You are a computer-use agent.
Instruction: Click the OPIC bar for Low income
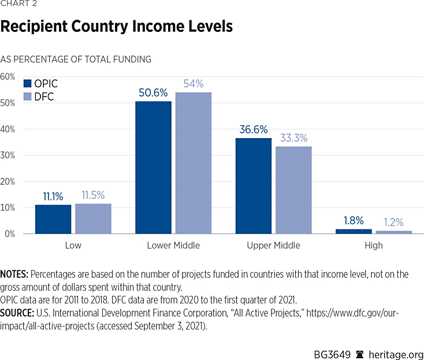pyautogui.click(x=53, y=220)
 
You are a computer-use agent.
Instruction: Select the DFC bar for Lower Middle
pyautogui.click(x=193, y=163)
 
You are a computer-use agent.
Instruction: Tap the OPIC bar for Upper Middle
pyautogui.click(x=253, y=185)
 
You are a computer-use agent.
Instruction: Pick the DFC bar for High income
pyautogui.click(x=393, y=232)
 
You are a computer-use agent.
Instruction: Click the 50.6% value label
pyautogui.click(x=153, y=92)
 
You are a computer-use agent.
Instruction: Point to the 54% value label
pyautogui.click(x=194, y=83)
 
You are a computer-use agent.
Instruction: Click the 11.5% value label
pyautogui.click(x=93, y=195)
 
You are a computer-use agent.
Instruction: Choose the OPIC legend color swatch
pyautogui.click(x=28, y=83)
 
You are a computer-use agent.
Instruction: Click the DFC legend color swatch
pyautogui.click(x=28, y=97)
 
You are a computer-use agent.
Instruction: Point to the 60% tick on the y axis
pyautogui.click(x=8, y=76)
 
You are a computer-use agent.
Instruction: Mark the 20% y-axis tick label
pyautogui.click(x=8, y=181)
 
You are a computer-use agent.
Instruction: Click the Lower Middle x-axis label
pyautogui.click(x=173, y=246)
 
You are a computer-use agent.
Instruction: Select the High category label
pyautogui.click(x=374, y=246)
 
